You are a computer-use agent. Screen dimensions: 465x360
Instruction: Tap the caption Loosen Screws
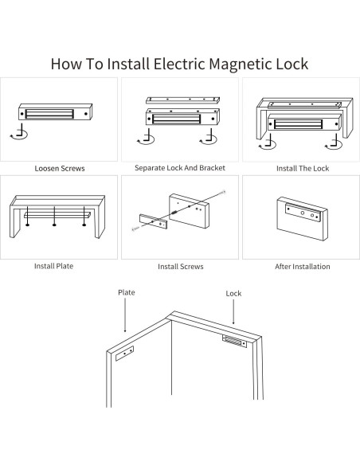pyautogui.click(x=60, y=169)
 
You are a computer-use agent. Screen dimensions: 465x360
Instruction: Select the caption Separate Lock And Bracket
pyautogui.click(x=180, y=168)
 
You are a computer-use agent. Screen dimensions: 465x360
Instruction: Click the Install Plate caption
pyautogui.click(x=53, y=266)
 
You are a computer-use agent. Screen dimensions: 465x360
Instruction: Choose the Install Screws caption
pyautogui.click(x=180, y=267)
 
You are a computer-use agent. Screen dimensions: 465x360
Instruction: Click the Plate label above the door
pyautogui.click(x=127, y=292)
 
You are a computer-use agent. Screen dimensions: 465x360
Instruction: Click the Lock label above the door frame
pyautogui.click(x=233, y=294)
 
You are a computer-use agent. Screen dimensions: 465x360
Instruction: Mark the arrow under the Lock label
pyautogui.click(x=233, y=314)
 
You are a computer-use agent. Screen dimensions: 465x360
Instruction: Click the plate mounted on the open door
pyautogui.click(x=126, y=354)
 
